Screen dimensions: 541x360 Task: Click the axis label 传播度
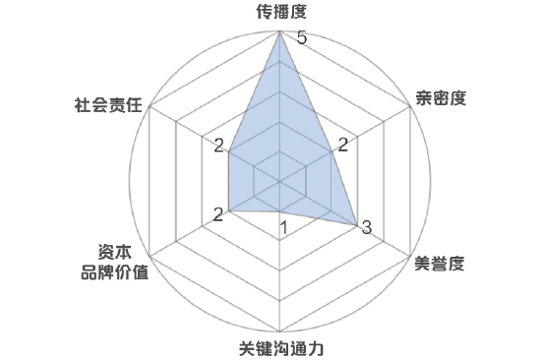(x=281, y=13)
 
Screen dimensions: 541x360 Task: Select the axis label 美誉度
(x=439, y=263)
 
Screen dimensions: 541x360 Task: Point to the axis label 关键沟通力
(x=281, y=348)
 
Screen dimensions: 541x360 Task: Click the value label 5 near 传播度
(x=302, y=38)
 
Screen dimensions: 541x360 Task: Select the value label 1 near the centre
(x=283, y=228)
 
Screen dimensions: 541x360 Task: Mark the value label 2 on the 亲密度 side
(x=342, y=147)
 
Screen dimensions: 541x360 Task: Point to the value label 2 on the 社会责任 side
(x=218, y=147)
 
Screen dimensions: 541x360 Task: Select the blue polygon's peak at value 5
(x=281, y=32)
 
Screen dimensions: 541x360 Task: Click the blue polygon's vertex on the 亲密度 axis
(x=332, y=151)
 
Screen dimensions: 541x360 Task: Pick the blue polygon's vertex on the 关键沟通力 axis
(x=281, y=211)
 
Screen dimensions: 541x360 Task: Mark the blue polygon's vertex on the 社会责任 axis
(x=229, y=151)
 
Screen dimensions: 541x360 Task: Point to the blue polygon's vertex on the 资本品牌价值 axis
(x=229, y=210)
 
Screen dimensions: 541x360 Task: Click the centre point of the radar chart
(x=281, y=181)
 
